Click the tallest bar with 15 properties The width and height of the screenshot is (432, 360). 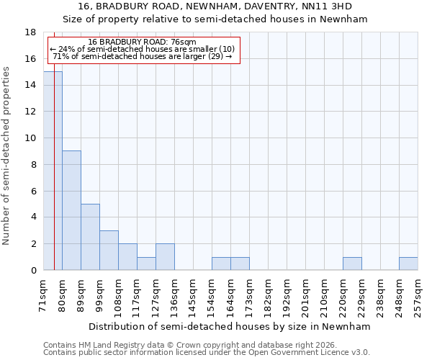pos(53,171)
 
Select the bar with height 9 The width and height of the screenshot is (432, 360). pos(71,210)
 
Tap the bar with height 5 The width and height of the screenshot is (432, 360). pos(90,237)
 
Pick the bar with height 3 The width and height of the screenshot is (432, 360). pos(109,250)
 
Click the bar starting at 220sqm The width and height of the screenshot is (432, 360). pos(352,264)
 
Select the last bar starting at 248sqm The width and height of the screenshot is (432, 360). pos(408,264)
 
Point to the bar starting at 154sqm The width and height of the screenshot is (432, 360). pos(221,264)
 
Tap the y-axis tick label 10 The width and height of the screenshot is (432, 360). pos(30,138)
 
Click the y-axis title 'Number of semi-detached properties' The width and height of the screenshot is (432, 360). pos(7,156)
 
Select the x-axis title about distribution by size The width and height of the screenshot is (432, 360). pos(230,326)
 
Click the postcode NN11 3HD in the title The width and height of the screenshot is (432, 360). pos(329,6)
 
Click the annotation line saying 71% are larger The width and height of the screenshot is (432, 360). pos(143,56)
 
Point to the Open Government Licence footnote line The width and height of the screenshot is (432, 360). pos(207,353)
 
